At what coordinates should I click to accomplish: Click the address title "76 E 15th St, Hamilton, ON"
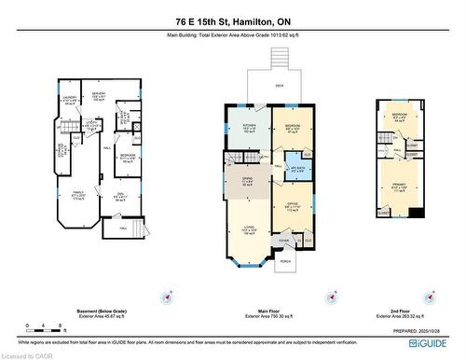tap(232, 21)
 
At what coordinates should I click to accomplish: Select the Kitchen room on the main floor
tap(249, 129)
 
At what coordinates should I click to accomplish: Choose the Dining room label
tap(248, 181)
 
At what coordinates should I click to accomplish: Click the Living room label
tap(248, 228)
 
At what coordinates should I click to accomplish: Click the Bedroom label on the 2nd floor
tap(398, 117)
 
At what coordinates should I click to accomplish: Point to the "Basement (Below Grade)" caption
tap(101, 312)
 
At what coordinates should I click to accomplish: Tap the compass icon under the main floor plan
tap(330, 299)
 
